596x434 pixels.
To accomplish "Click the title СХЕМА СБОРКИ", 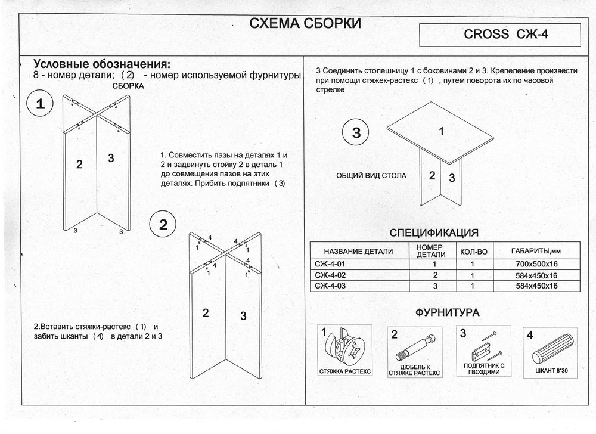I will [x=305, y=24].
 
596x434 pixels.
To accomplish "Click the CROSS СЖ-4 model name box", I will [x=499, y=35].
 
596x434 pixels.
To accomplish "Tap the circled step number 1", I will [x=40, y=105].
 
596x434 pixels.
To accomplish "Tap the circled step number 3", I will [x=356, y=133].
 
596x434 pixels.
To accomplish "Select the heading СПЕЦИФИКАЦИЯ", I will [x=434, y=232].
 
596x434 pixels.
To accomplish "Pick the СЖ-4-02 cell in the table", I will [x=330, y=275].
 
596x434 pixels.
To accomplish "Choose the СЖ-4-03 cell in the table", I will [x=330, y=286].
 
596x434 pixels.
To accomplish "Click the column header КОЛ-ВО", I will [x=474, y=252].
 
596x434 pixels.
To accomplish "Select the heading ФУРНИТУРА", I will [x=447, y=312].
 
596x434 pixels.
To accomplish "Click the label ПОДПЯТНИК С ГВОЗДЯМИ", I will [x=483, y=368].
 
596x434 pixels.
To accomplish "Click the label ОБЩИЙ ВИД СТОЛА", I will [x=371, y=176].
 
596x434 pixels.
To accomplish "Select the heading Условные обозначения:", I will [x=102, y=64].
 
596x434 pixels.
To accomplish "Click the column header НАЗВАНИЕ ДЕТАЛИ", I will [x=358, y=251].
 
